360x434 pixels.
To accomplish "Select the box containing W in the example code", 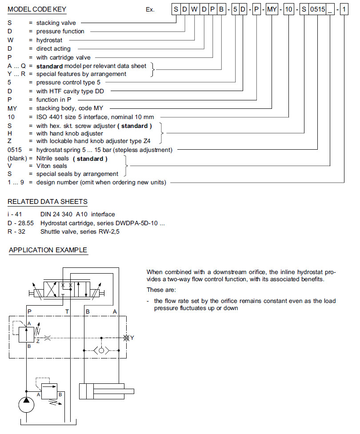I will (194, 9).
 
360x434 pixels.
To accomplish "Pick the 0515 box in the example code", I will (317, 9).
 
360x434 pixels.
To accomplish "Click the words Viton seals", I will (52, 166).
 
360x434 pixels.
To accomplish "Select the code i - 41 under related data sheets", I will (15, 214).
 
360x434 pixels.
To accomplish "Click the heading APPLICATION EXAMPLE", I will (48, 250).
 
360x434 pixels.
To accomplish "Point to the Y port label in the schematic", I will (132, 338).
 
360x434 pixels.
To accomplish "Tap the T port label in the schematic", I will (67, 312).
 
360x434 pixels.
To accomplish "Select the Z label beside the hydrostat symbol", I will (38, 341).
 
